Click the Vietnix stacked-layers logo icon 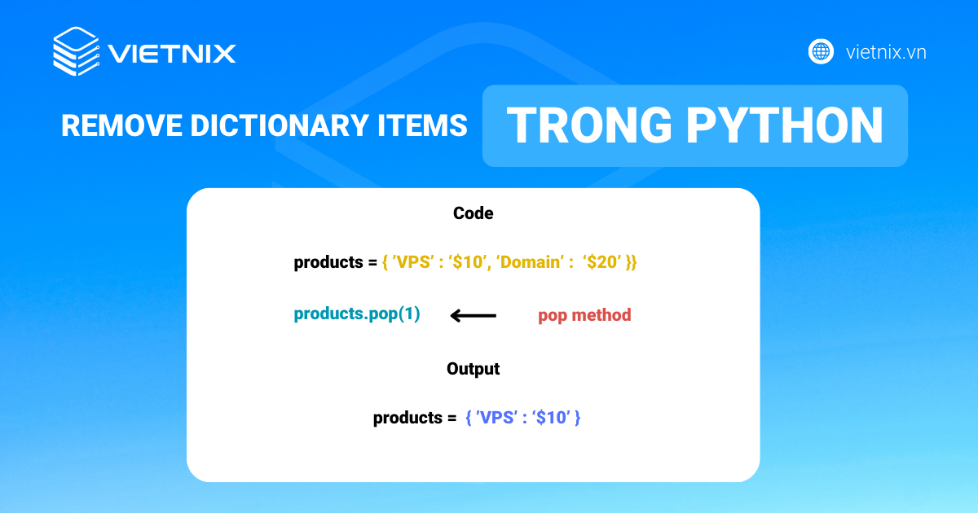coord(76,52)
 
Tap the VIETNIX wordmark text coord(172,54)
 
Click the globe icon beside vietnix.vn coord(821,52)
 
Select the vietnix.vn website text coord(886,53)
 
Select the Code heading coord(473,213)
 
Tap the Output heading coord(473,368)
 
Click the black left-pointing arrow coord(473,315)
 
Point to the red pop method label coord(584,315)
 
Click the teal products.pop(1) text coord(357,314)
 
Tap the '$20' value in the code coord(602,263)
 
